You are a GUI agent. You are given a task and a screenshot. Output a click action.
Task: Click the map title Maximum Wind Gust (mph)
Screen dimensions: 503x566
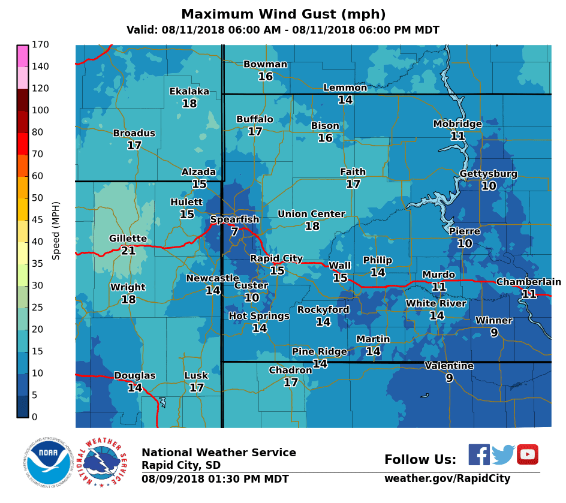[283, 14]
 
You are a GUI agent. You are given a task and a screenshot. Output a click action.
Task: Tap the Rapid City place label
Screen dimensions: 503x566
[276, 258]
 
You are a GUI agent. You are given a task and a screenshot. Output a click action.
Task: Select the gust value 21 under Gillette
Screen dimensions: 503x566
[128, 251]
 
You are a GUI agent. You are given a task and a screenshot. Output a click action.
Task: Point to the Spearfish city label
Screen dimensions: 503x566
[234, 219]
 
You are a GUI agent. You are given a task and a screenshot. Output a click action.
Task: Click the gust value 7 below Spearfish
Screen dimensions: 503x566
[234, 231]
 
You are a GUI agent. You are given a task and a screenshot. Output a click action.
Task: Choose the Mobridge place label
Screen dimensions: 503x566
[457, 124]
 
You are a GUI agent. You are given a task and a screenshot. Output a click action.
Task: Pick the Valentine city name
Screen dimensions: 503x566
[449, 366]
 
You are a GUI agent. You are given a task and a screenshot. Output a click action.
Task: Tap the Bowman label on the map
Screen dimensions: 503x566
[265, 65]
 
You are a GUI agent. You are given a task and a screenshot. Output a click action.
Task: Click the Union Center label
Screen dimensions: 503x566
[311, 214]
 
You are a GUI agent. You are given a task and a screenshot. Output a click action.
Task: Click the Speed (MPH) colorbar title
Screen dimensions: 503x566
[56, 231]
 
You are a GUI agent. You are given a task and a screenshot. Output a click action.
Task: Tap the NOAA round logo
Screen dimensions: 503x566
[49, 462]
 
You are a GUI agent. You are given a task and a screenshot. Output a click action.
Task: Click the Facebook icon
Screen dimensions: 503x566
[479, 454]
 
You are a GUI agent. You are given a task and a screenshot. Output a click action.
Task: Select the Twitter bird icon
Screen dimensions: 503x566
[504, 454]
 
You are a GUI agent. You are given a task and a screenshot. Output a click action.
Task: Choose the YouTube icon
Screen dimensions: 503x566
[528, 454]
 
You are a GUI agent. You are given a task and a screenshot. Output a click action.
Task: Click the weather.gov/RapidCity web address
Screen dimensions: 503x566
[447, 478]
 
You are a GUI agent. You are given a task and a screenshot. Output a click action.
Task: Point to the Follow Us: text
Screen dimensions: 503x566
[420, 460]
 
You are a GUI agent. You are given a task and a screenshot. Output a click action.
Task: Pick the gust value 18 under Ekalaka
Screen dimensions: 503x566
[189, 104]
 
